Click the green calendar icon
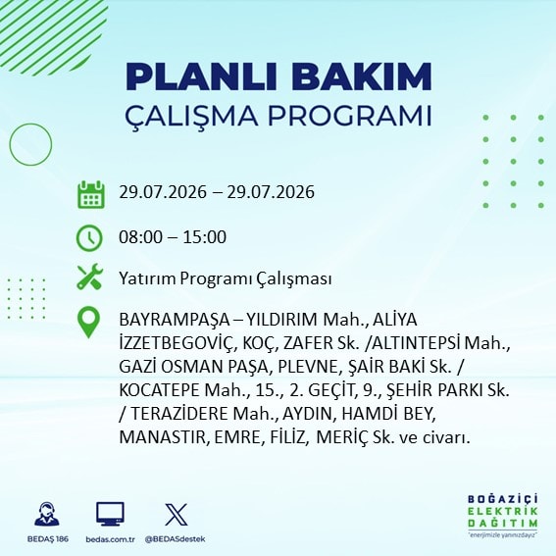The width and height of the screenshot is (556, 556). pos(91,194)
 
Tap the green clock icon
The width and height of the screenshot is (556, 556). pos(89,238)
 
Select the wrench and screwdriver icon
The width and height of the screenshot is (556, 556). pos(90,277)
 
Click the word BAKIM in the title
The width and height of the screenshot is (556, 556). pos(361,76)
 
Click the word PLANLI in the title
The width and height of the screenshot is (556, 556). pos(201,76)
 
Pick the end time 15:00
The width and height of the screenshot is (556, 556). pos(205,237)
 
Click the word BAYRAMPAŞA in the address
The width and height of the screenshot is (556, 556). pos(175,321)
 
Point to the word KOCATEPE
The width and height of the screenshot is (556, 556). pos(159,390)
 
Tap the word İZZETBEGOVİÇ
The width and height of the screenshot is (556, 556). pos(177,344)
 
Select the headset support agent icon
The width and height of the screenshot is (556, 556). pos(47,514)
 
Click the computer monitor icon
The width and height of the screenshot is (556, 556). pos(110,514)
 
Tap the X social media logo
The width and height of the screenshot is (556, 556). pos(177,514)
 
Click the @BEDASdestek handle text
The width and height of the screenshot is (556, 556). pos(176,539)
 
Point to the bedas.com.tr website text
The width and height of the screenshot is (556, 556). pos(110,539)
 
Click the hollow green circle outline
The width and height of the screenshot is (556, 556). pos(10,145)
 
